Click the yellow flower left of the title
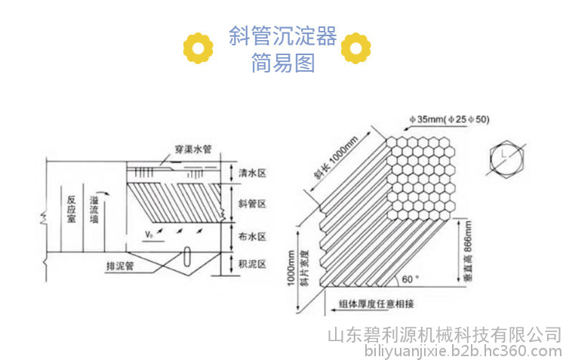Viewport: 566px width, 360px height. click(x=198, y=48)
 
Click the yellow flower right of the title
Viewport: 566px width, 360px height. click(x=356, y=48)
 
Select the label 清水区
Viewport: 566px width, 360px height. click(x=252, y=173)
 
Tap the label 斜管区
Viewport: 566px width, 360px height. click(x=252, y=204)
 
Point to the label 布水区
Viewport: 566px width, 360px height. click(x=252, y=236)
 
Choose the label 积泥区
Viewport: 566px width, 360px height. click(x=252, y=264)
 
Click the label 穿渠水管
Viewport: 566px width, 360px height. click(x=193, y=149)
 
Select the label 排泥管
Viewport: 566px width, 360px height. click(x=120, y=266)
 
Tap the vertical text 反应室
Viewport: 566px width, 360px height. click(x=72, y=209)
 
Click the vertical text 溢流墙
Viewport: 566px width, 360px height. click(x=94, y=209)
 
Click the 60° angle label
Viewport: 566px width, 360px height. click(x=411, y=279)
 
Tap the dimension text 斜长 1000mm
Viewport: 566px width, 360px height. click(x=336, y=158)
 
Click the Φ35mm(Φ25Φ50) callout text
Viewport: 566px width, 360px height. click(x=450, y=119)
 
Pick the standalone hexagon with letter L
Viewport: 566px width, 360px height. click(x=506, y=159)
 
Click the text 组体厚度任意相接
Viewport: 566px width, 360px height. click(x=376, y=303)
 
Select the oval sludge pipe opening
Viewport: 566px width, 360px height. click(x=187, y=257)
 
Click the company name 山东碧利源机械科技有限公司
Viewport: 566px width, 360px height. click(x=444, y=335)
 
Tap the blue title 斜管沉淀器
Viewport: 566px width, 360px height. click(x=283, y=35)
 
